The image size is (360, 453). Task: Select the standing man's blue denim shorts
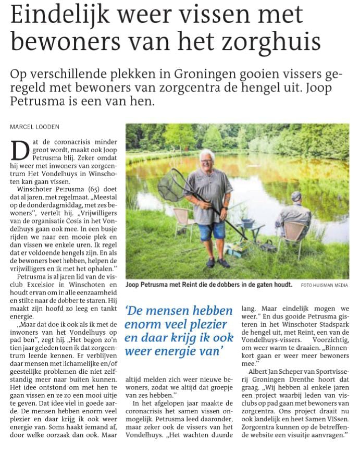211,230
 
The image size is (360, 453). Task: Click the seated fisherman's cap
296,195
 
